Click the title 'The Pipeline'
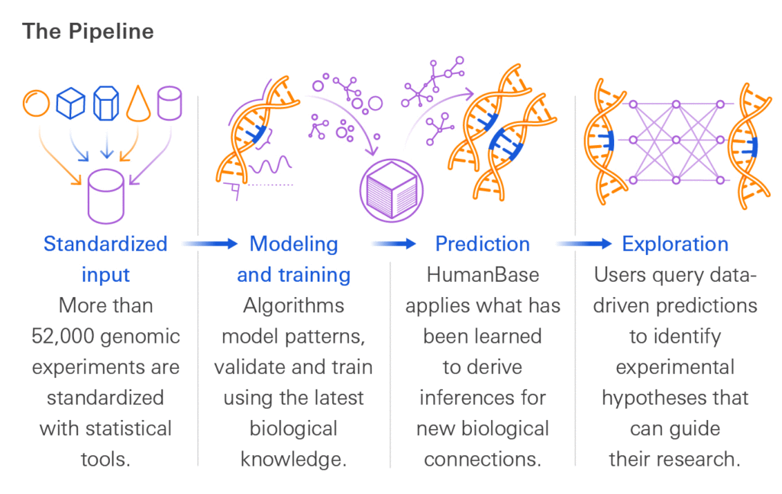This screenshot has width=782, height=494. [x=88, y=31]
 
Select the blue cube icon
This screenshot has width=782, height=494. [x=70, y=104]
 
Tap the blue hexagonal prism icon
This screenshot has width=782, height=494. [x=106, y=104]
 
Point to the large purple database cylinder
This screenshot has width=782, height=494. [x=105, y=196]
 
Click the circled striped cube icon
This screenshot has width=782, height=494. [x=392, y=190]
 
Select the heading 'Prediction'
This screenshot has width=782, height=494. [x=483, y=244]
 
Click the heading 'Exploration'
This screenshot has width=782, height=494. [x=675, y=244]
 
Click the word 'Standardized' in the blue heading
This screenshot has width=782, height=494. [x=105, y=244]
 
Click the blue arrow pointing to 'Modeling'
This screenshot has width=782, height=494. [x=209, y=244]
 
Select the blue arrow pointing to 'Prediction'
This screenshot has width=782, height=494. [x=393, y=244]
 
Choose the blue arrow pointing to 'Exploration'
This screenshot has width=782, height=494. [x=584, y=244]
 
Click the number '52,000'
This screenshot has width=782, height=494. [x=63, y=337]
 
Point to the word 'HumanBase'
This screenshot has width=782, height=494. [x=483, y=275]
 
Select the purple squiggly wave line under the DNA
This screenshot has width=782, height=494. [x=270, y=164]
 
